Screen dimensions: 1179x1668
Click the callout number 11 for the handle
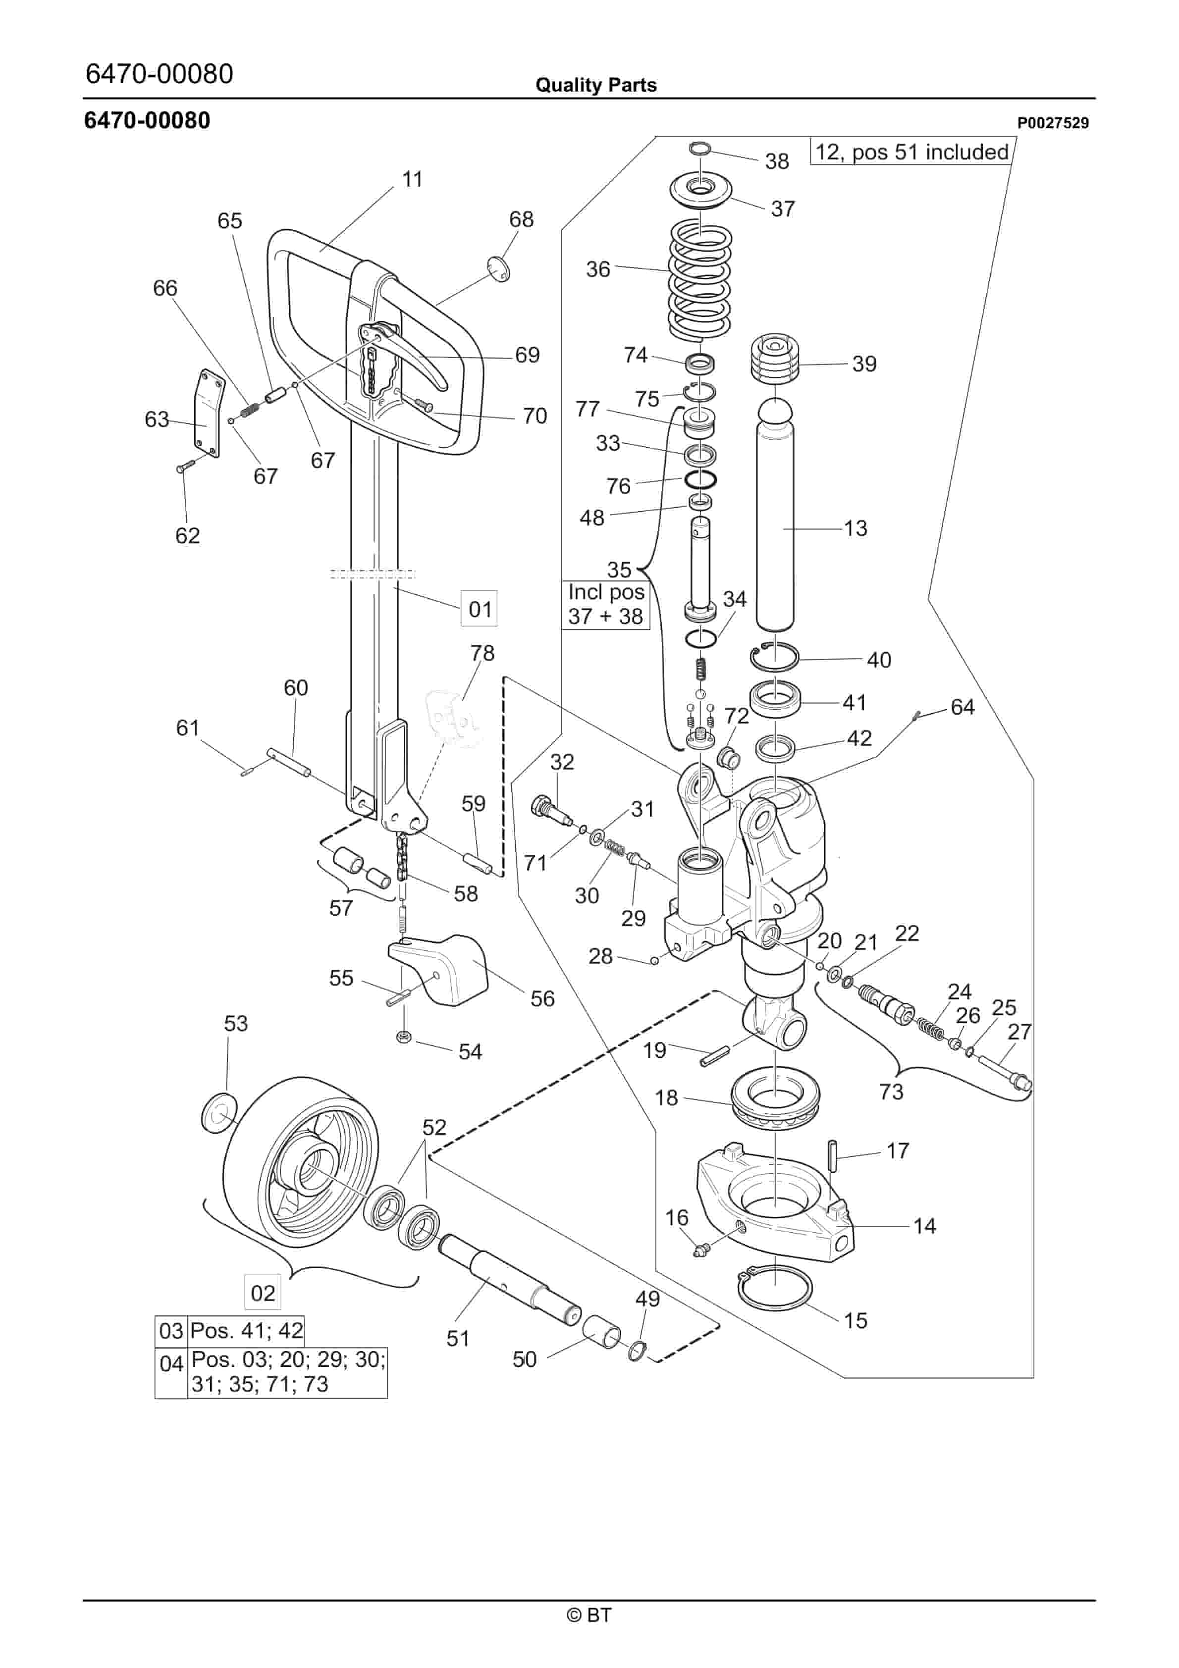[x=412, y=179]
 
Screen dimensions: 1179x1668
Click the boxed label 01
[x=480, y=609]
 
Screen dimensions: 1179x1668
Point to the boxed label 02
[x=263, y=1293]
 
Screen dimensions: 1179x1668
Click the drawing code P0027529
[x=1053, y=123]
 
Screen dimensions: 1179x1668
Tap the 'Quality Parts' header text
[x=596, y=85]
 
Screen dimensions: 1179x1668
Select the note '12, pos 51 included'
[x=911, y=152]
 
